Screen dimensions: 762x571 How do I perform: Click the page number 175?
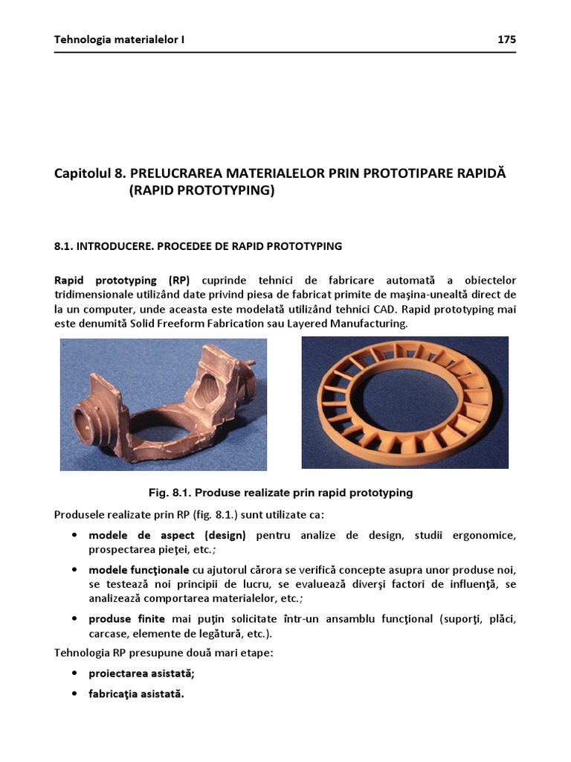pos(507,39)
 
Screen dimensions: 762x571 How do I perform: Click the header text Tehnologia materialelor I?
pos(119,39)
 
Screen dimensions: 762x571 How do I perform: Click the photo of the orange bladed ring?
pos(404,403)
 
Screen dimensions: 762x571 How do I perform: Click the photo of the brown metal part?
pos(164,404)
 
